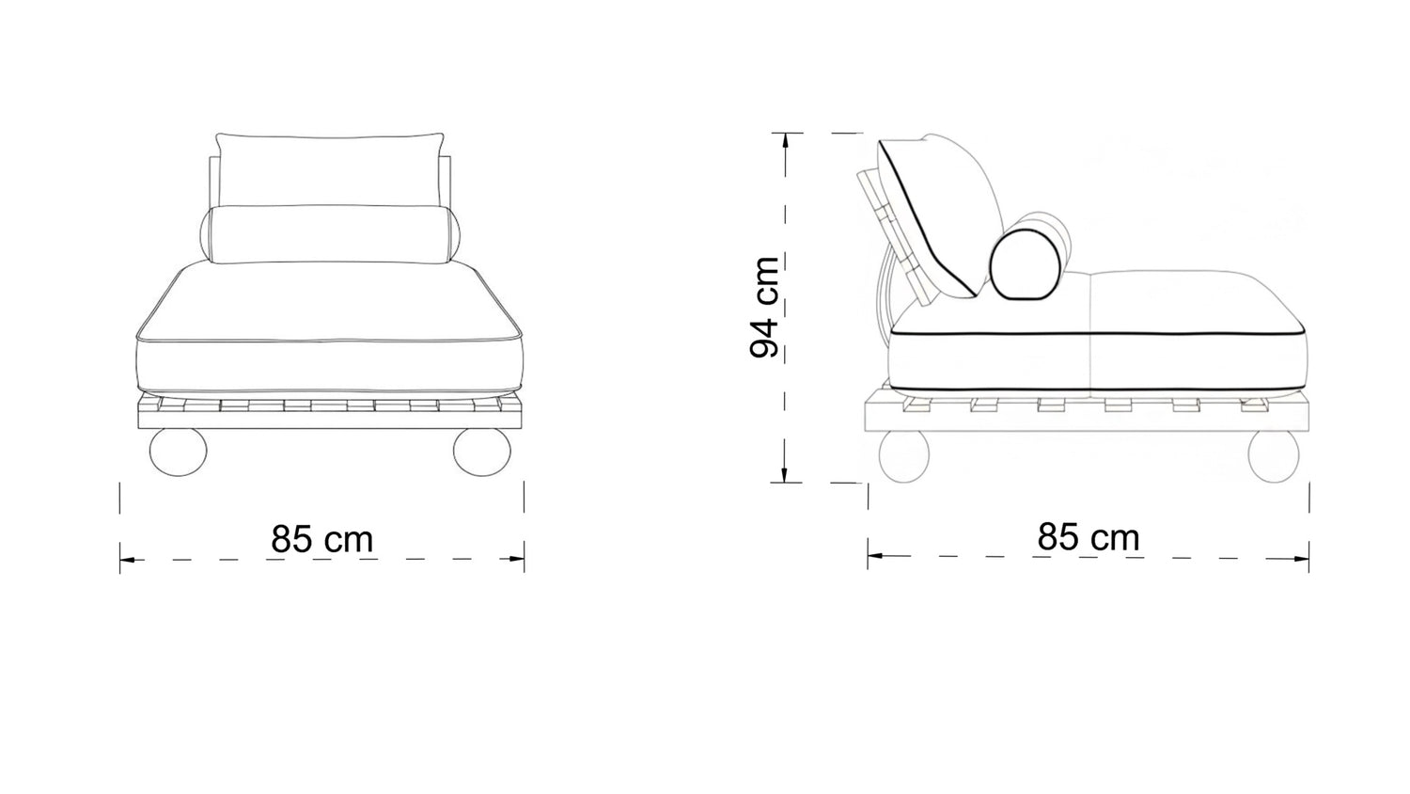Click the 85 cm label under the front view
[x=322, y=539]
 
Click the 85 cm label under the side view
[x=1089, y=537]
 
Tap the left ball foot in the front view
[x=179, y=452]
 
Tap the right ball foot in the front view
[x=481, y=452]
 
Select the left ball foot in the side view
[x=904, y=457]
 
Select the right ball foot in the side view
[x=1273, y=457]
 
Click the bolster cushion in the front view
[x=331, y=234]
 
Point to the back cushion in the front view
[x=329, y=169]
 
